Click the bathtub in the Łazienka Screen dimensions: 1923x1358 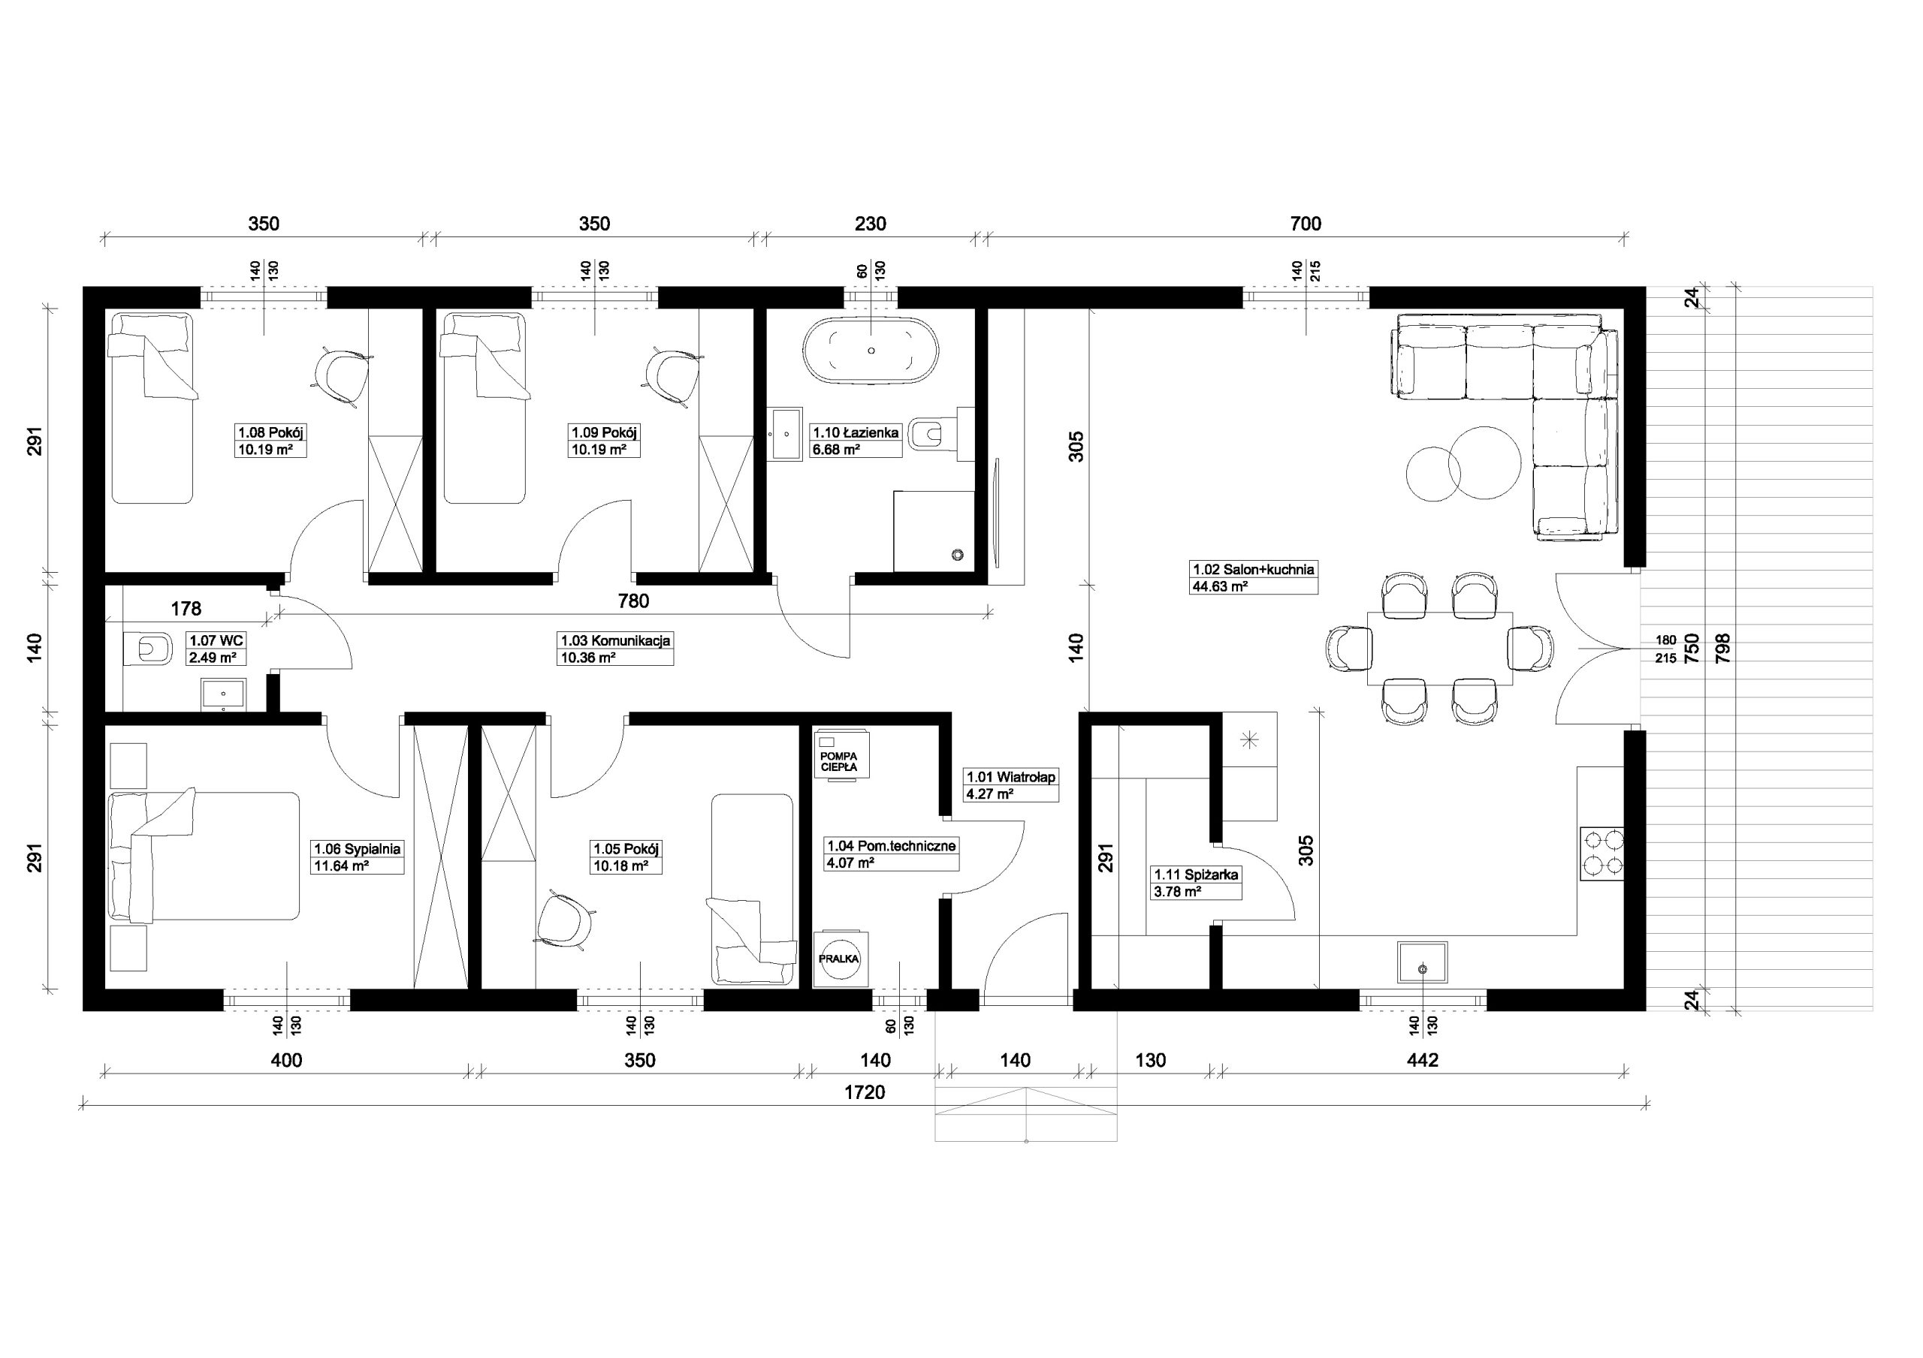coord(871,351)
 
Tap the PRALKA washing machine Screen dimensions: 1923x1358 coord(838,959)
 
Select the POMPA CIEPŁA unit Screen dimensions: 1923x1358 coord(839,757)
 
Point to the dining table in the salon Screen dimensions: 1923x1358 coord(1439,648)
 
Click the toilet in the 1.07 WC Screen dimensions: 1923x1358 coord(146,648)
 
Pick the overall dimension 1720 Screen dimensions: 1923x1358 coord(865,1092)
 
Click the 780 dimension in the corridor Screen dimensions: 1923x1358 coord(633,601)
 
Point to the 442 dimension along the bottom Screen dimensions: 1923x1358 coord(1422,1060)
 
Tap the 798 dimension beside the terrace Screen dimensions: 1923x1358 coord(1723,648)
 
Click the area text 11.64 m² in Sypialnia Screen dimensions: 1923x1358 coord(341,866)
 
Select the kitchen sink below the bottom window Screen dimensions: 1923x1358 coord(1422,962)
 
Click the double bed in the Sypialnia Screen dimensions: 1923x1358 coord(204,856)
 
